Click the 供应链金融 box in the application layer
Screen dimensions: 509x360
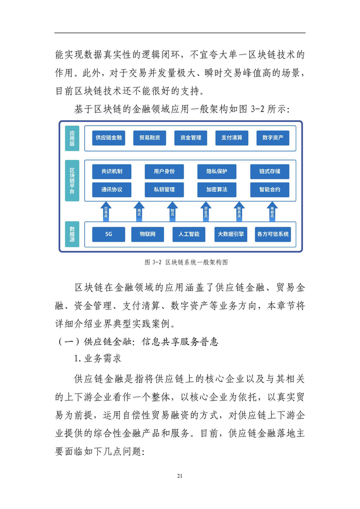(109, 138)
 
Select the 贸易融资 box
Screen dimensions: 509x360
(150, 138)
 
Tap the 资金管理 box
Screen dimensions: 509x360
(191, 138)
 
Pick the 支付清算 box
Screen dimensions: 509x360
(231, 138)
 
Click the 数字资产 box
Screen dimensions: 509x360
(273, 138)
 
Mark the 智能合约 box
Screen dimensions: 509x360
(270, 190)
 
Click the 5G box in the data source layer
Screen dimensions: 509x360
(109, 234)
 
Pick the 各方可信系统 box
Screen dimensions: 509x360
(273, 234)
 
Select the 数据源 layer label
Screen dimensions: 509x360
(73, 234)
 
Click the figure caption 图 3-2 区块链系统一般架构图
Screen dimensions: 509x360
(179, 262)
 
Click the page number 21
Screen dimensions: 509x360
(179, 476)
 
